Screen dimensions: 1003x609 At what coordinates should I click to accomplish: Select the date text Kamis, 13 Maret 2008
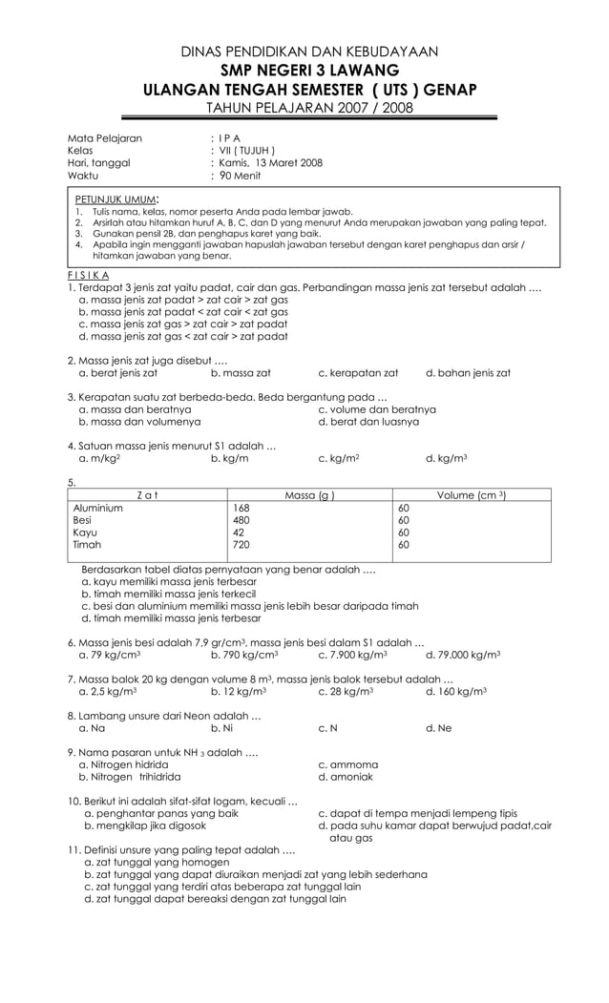tap(266, 162)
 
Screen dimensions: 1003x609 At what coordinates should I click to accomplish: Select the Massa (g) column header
tap(309, 494)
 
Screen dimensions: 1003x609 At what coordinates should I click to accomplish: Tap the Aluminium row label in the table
tap(97, 508)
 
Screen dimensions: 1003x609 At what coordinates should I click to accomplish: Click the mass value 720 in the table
tap(242, 545)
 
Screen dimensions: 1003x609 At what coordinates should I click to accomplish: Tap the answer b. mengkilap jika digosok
tap(144, 825)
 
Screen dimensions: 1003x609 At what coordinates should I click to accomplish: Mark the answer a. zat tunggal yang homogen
tap(143, 862)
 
